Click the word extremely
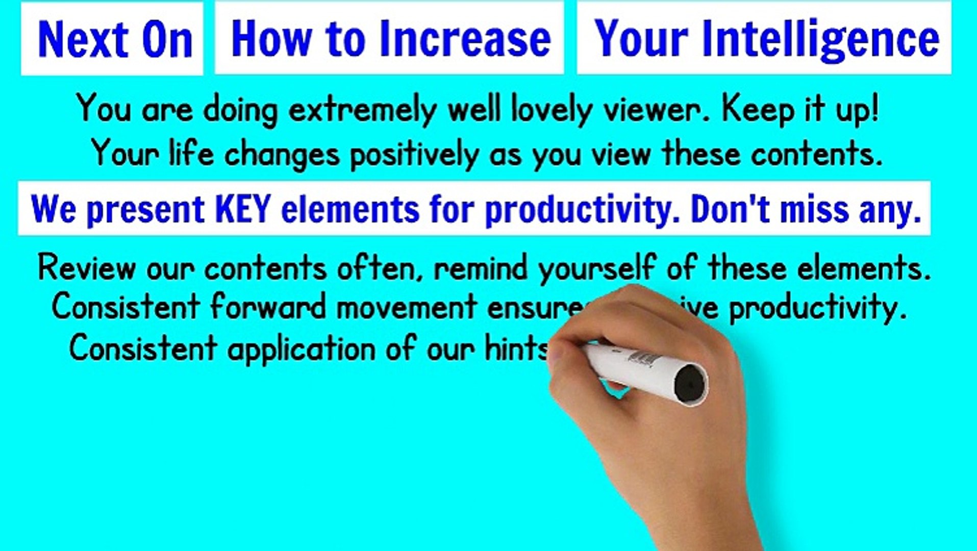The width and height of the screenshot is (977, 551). coord(362,110)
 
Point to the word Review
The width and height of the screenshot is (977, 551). coord(87,268)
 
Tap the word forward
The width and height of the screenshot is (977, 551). coord(268,308)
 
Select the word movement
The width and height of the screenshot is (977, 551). coord(407,308)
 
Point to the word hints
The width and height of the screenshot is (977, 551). coord(515,349)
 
